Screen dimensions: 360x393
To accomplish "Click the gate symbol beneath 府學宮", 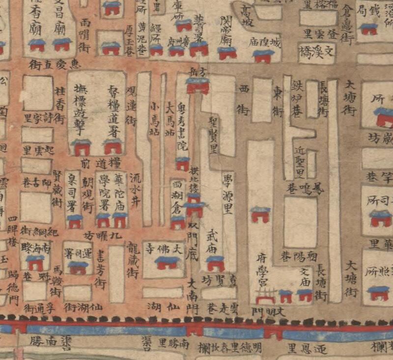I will (266, 297).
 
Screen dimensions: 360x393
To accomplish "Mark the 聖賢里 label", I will (214, 135).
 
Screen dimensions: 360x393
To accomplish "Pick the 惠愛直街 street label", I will (54, 64).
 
